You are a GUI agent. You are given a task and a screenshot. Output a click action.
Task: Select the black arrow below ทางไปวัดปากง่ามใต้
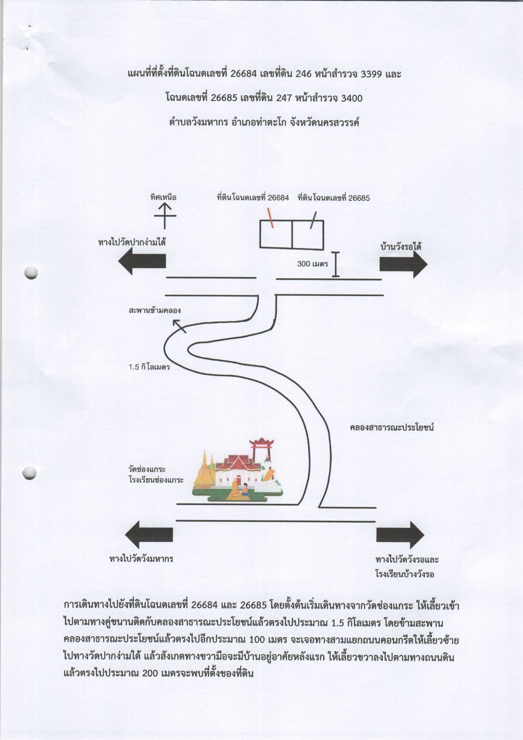point(142,261)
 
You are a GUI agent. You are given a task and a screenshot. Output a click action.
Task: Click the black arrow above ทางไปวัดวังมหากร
point(149,534)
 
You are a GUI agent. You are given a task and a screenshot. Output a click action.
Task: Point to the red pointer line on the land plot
point(270,218)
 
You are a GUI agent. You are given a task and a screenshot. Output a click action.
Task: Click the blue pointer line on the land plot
point(313,220)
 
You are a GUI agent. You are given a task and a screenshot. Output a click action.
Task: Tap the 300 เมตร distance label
point(312,264)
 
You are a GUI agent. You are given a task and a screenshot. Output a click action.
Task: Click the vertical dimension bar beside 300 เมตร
point(336,264)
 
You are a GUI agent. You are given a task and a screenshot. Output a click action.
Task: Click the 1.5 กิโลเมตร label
point(149,367)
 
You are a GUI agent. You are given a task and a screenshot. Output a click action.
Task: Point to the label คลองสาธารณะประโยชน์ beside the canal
point(392,428)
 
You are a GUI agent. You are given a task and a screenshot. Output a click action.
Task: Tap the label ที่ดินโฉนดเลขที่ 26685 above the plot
point(334,198)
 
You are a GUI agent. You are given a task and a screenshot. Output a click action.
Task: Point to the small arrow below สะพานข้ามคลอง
point(179,326)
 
